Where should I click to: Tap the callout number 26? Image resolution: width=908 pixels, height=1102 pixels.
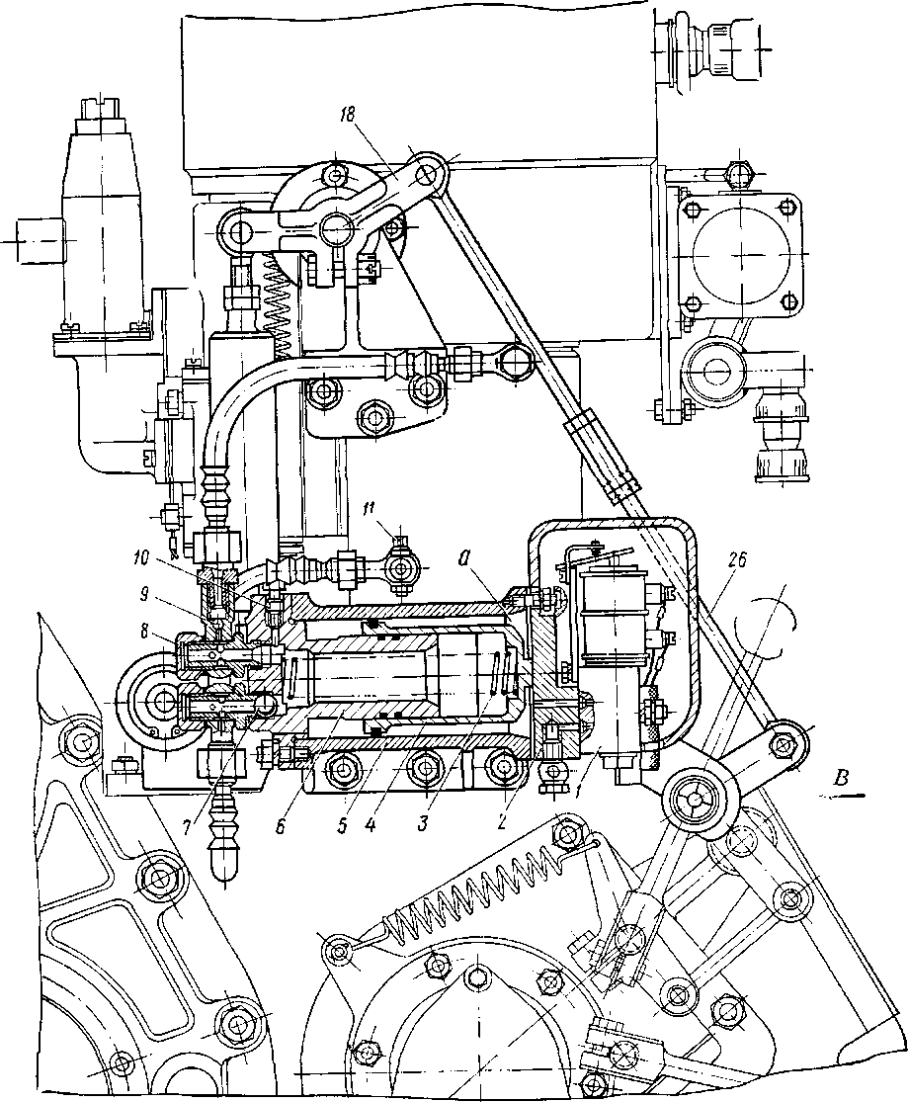point(740,558)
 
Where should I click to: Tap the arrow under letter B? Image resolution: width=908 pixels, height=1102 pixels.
point(845,794)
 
